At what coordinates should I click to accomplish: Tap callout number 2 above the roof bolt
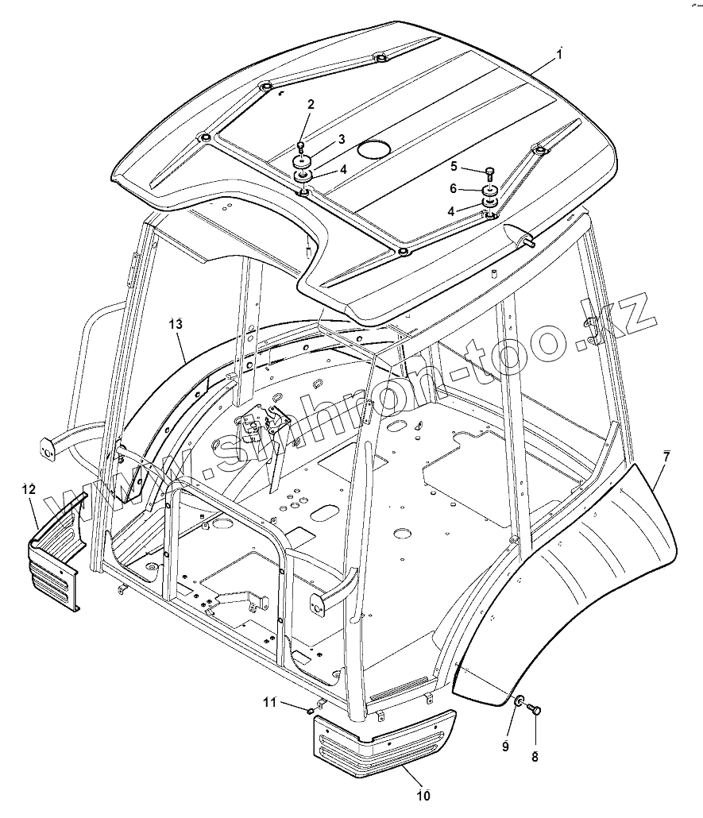tap(311, 104)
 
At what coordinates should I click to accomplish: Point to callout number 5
tap(454, 166)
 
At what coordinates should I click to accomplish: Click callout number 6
tap(454, 188)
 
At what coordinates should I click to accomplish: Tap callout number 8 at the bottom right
tap(535, 757)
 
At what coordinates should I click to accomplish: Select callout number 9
tap(505, 746)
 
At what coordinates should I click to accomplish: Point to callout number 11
tap(269, 701)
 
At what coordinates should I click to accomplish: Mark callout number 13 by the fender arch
tap(176, 323)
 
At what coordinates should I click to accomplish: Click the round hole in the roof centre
tap(372, 149)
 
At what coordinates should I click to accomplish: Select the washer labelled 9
tap(517, 700)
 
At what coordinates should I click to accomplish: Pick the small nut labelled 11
tap(309, 710)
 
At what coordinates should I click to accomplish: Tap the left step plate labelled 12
tap(56, 556)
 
